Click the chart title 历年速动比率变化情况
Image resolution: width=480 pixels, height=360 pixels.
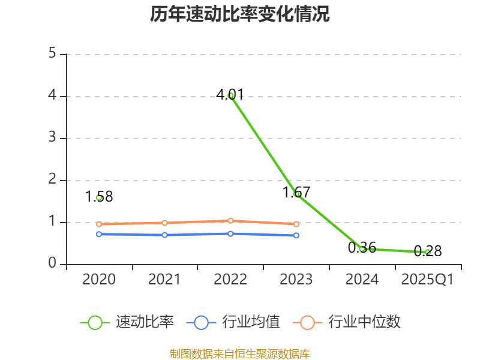(x=240, y=14)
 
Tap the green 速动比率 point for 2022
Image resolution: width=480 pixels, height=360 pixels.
(x=230, y=95)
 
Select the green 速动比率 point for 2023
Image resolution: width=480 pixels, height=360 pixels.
(x=296, y=194)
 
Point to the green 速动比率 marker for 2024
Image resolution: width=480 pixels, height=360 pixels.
(x=362, y=248)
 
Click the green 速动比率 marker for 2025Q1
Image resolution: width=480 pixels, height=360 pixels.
(x=428, y=252)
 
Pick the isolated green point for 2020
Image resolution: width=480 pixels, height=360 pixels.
(x=99, y=197)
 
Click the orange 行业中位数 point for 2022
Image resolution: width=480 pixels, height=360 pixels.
(x=230, y=221)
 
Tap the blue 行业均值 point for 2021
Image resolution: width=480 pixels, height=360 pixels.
(x=164, y=235)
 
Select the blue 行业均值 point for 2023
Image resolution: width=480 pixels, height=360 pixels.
(x=296, y=235)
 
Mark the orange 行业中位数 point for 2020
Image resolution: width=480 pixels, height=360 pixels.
(x=99, y=224)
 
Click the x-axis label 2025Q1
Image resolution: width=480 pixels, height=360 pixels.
(x=428, y=280)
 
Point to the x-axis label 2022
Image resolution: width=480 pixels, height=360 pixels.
(x=230, y=280)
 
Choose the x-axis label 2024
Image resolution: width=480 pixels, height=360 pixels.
(x=362, y=280)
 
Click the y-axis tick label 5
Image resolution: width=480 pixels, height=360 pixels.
(x=52, y=54)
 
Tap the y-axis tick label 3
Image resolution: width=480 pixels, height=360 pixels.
(x=52, y=138)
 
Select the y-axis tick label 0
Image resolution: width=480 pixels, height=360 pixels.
(x=52, y=264)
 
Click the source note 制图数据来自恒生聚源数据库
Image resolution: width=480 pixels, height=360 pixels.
(x=240, y=353)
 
